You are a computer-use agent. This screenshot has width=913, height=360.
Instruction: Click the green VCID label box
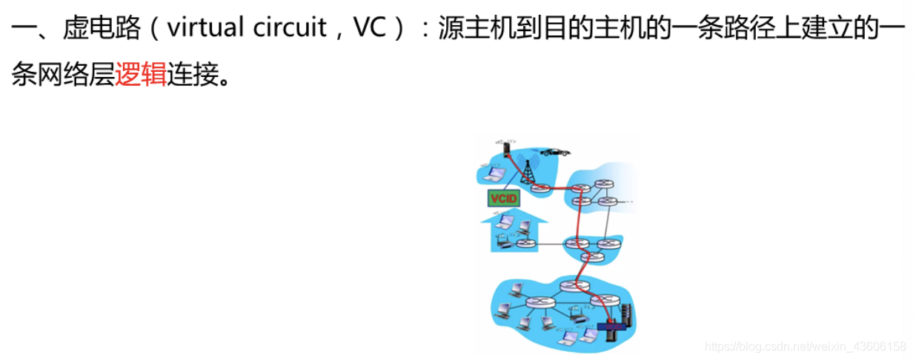point(504,199)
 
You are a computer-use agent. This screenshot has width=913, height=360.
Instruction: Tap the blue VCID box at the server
point(611,327)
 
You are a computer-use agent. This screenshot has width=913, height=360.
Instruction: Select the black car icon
point(555,153)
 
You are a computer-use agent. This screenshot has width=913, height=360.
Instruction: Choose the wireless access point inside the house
point(504,244)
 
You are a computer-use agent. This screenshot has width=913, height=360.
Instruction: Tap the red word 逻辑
point(141,75)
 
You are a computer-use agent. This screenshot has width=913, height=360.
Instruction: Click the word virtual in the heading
point(205,27)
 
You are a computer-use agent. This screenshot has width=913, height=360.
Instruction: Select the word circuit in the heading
point(289,27)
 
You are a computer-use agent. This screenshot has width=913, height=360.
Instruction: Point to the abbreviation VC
point(370,27)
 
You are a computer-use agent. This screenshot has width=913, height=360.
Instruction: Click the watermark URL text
point(806,347)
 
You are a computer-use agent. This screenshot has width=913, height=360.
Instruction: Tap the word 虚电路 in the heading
point(102,27)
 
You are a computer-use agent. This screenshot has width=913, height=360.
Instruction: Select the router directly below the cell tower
point(540,187)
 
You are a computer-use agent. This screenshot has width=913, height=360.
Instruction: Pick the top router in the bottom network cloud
point(575,286)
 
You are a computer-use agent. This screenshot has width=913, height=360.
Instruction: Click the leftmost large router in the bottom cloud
point(540,302)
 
